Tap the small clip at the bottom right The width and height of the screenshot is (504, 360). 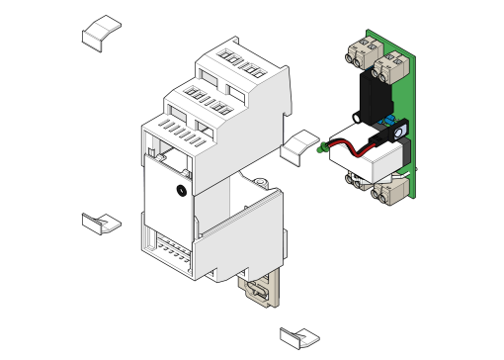tap(298, 336)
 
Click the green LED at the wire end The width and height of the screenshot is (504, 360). tap(324, 149)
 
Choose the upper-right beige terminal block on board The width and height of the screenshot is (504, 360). tap(392, 65)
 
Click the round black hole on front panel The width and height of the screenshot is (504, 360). tap(182, 189)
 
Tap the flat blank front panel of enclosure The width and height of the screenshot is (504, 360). tap(169, 198)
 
